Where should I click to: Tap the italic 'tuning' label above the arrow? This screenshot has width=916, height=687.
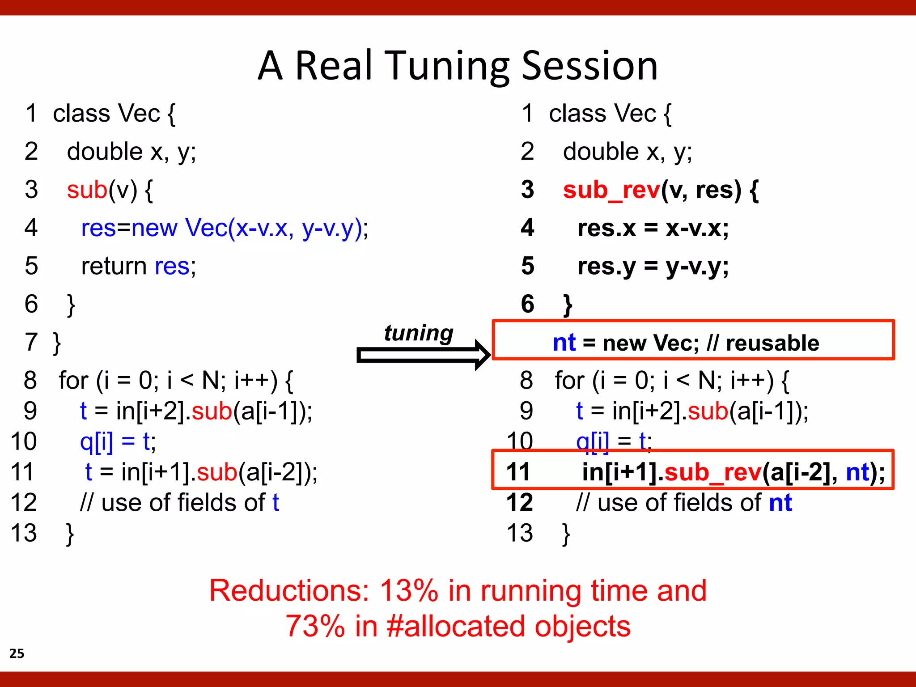coord(419,333)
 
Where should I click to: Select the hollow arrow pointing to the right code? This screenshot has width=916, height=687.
coord(423,355)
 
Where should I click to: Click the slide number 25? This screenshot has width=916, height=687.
coord(17,653)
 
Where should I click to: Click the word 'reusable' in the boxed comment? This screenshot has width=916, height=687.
coord(772,343)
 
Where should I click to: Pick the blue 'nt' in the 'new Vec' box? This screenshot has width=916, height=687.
coord(564,343)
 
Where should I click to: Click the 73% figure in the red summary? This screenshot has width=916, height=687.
coord(315,626)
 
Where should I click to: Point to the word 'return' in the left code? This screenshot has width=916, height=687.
coord(114,266)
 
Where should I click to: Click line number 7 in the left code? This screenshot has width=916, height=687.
coord(31,343)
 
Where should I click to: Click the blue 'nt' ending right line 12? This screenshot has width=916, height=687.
coord(780,502)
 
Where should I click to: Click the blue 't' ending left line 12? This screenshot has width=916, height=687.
coord(276,502)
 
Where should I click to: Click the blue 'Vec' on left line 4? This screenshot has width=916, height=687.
coord(206,228)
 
